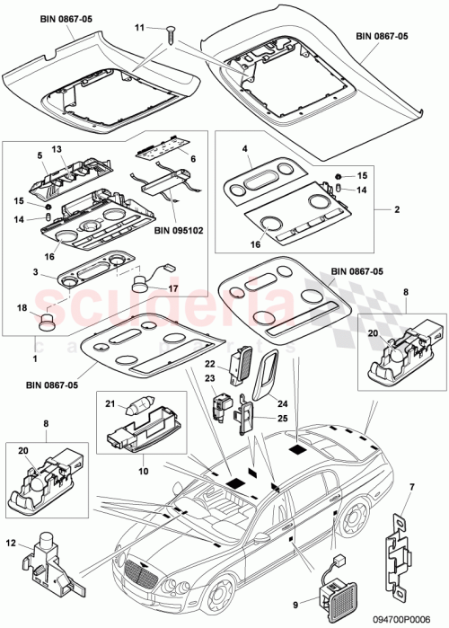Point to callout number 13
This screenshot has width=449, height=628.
[55, 149]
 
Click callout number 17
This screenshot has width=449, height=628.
[173, 289]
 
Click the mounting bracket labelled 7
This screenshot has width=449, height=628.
[396, 541]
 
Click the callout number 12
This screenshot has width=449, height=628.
[10, 542]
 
